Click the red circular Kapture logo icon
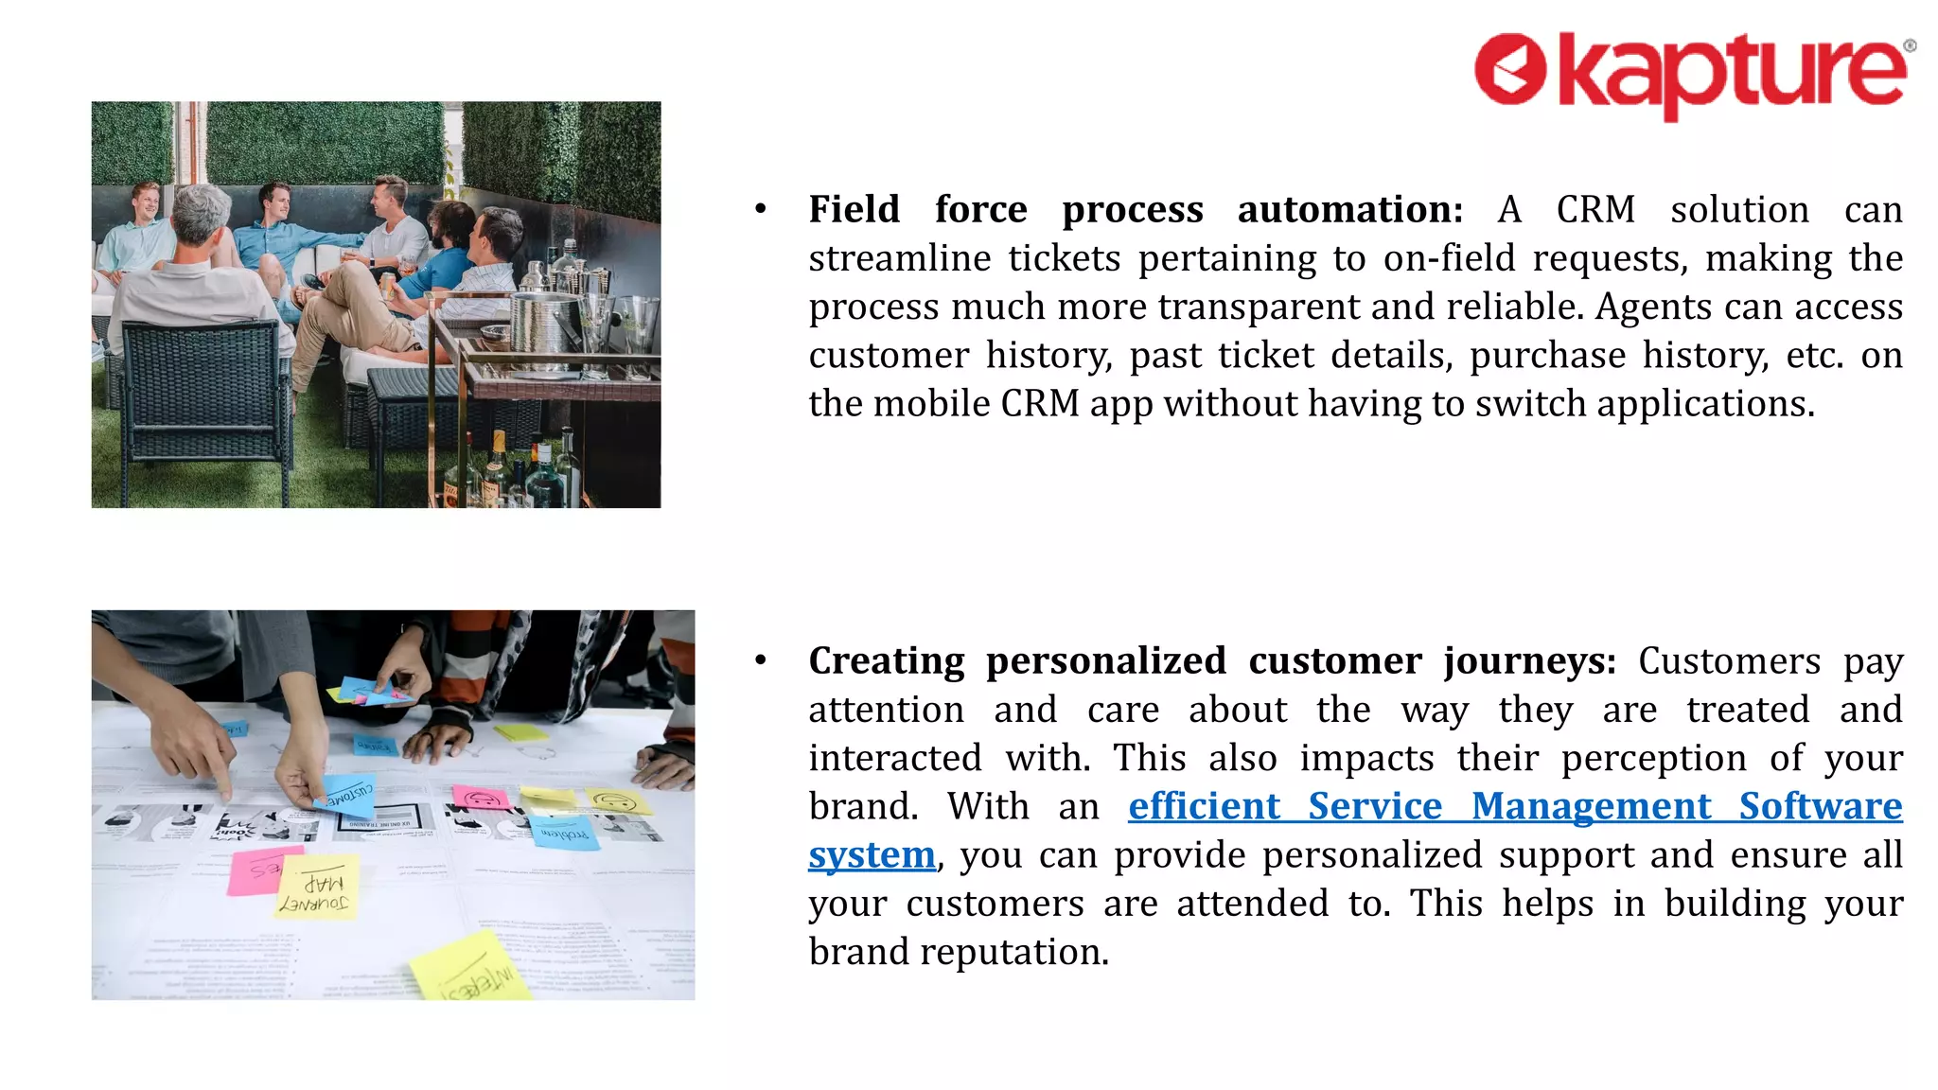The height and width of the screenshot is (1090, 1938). pyautogui.click(x=1510, y=68)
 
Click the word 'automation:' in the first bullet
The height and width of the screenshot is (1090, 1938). pyautogui.click(x=1350, y=209)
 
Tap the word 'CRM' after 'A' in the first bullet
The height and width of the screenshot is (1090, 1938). pyautogui.click(x=1595, y=209)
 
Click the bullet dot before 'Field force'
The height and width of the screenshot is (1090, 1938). pyautogui.click(x=761, y=209)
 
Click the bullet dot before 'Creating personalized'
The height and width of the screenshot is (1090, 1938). pyautogui.click(x=761, y=660)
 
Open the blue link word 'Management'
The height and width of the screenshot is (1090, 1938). pyautogui.click(x=1591, y=806)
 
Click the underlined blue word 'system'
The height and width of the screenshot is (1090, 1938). pyautogui.click(x=872, y=855)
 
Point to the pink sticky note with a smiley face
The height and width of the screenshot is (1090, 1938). pyautogui.click(x=482, y=797)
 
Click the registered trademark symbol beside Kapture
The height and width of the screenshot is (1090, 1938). pyautogui.click(x=1910, y=45)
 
